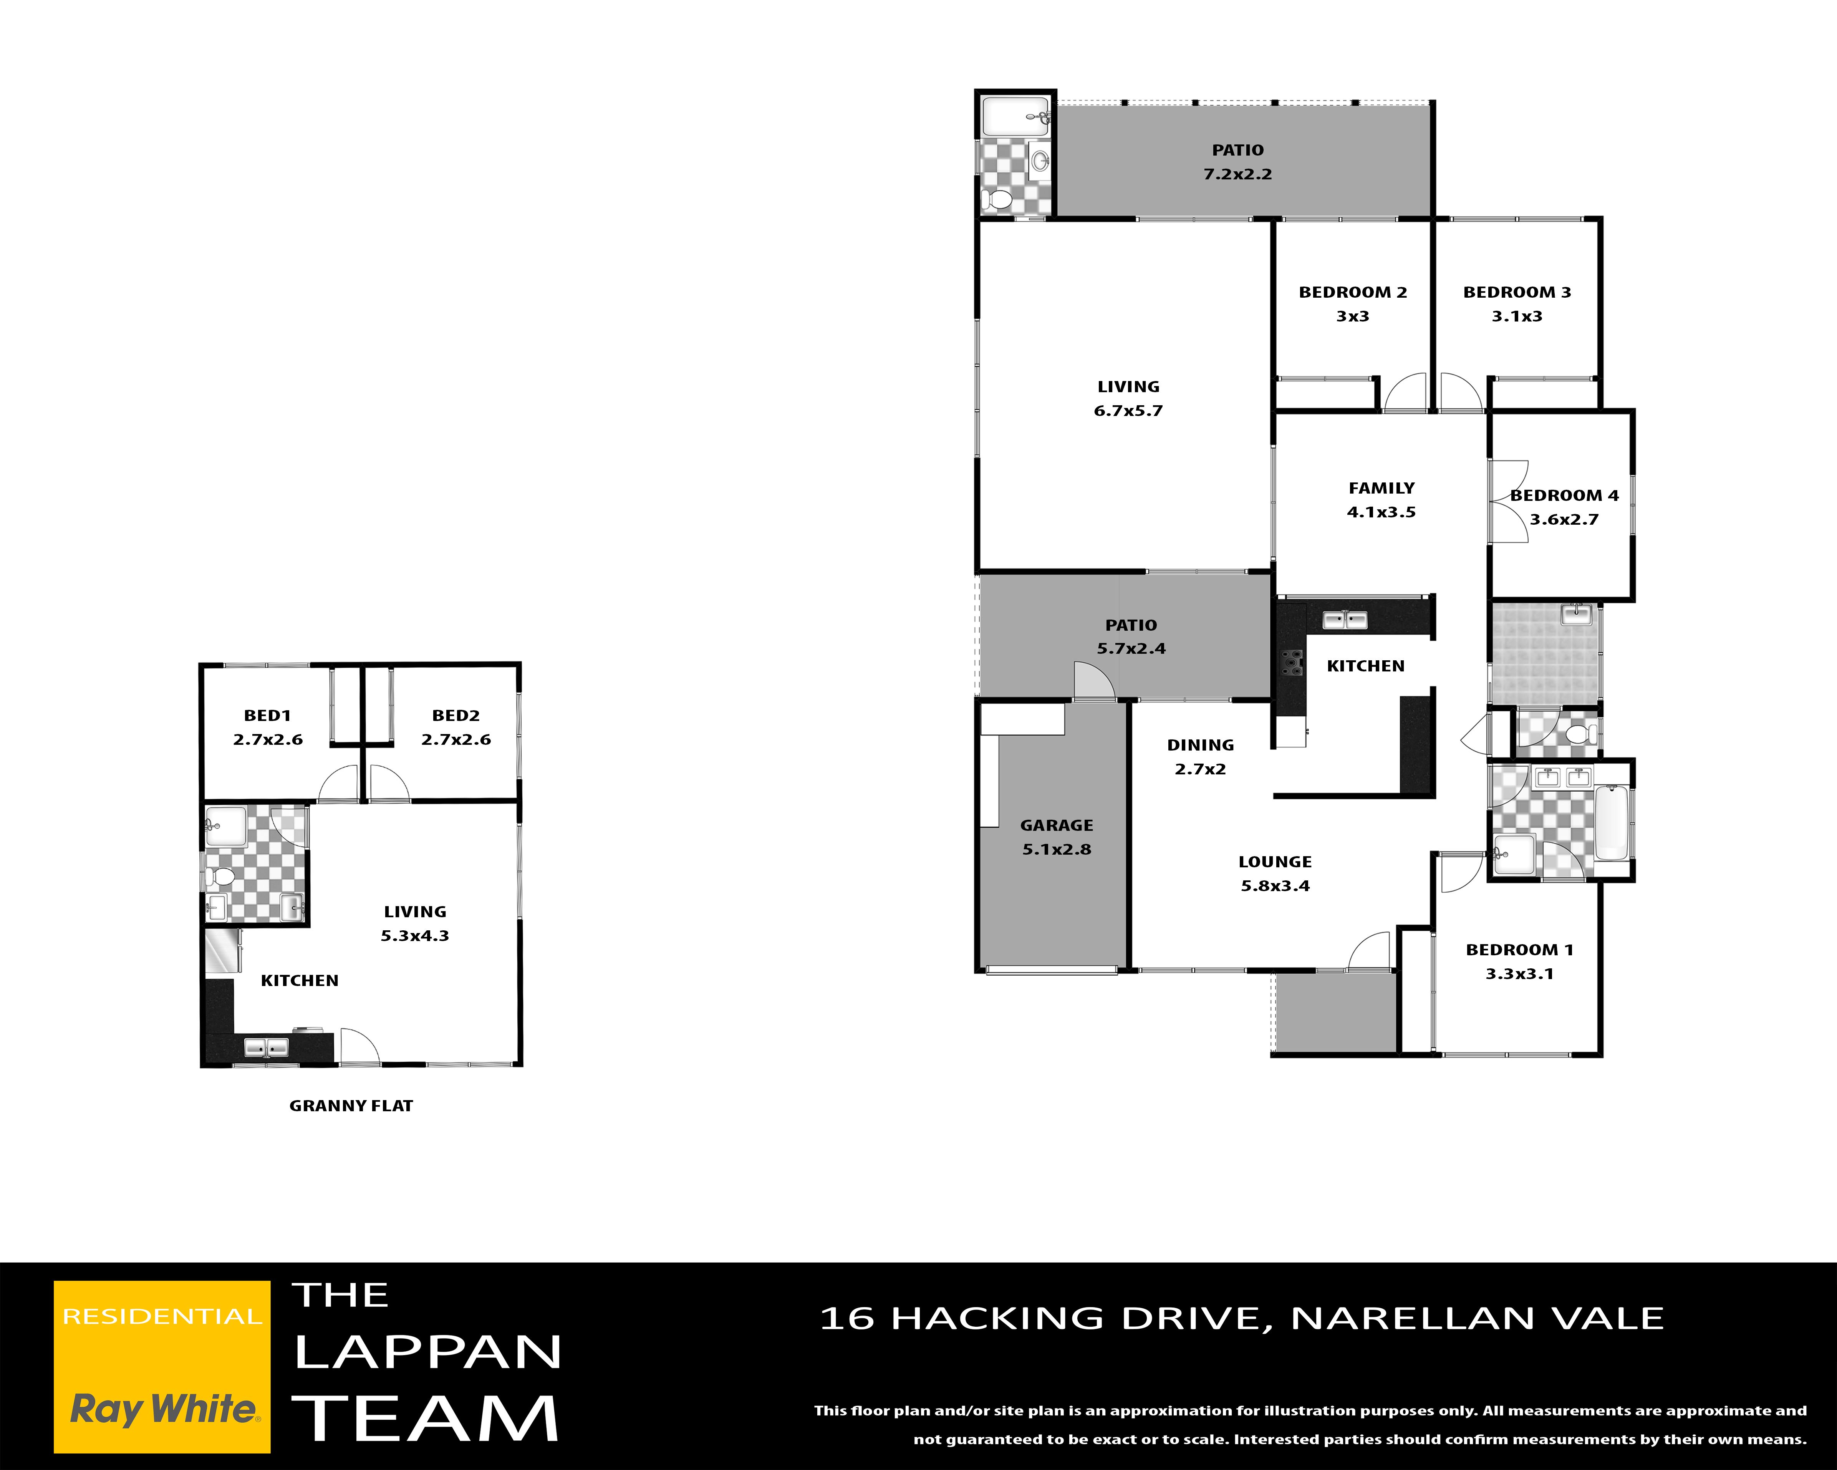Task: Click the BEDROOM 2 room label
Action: (1352, 292)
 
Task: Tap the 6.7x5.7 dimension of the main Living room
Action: (1128, 411)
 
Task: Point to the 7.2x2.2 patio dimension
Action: (1237, 174)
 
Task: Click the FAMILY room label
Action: (1381, 488)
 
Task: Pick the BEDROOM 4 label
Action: (1564, 495)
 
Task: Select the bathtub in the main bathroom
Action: (1611, 823)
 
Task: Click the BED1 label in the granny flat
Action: (268, 716)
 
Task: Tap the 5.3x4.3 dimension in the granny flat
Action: (415, 936)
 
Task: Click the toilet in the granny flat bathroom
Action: (220, 877)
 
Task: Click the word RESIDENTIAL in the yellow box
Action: (162, 1317)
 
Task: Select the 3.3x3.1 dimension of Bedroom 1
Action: (1520, 974)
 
